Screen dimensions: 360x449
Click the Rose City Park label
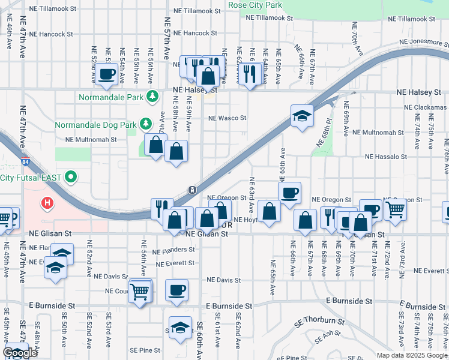click(255, 5)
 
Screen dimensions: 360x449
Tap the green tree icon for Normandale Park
click(153, 96)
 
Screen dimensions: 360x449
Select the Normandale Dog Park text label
click(95, 125)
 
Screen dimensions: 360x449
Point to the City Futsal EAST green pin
click(71, 177)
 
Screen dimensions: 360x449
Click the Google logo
click(20, 353)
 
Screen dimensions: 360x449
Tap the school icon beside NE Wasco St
click(302, 115)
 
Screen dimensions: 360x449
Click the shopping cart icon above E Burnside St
click(140, 292)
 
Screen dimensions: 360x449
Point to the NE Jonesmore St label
click(424, 43)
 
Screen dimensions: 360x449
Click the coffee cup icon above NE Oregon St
click(289, 193)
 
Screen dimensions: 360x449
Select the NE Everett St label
click(175, 263)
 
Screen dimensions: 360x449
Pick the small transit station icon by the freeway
click(191, 190)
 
